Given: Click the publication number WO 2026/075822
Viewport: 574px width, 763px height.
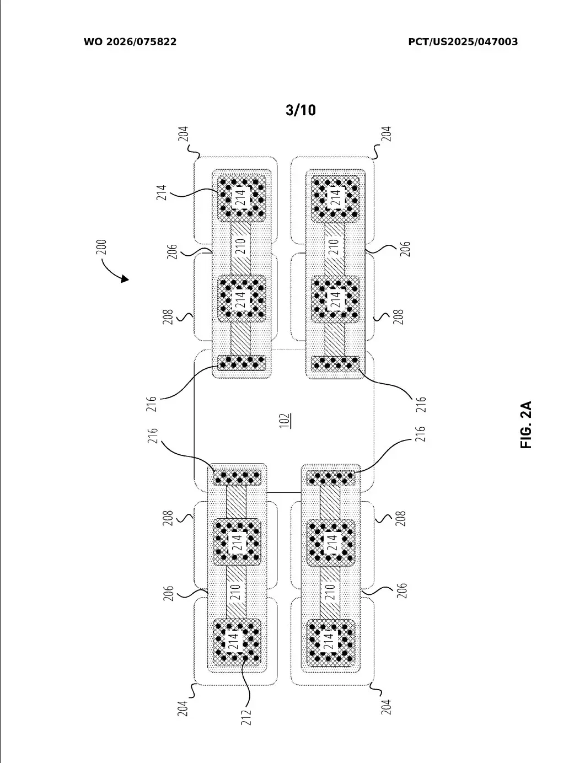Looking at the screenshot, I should (130, 42).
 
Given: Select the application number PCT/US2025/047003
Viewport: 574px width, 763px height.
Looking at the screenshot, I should (463, 42).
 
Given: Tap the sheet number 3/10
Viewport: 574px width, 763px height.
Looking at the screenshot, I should (301, 110).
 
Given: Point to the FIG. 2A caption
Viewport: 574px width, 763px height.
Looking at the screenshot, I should (527, 425).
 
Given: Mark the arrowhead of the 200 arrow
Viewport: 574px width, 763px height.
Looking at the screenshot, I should (126, 279).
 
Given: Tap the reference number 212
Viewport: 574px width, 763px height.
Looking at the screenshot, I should (246, 717).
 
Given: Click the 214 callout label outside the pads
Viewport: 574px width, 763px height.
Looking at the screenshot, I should (162, 192).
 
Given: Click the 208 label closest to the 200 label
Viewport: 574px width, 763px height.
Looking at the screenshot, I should (169, 316).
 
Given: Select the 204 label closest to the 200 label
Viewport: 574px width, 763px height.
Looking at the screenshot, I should (184, 136).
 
